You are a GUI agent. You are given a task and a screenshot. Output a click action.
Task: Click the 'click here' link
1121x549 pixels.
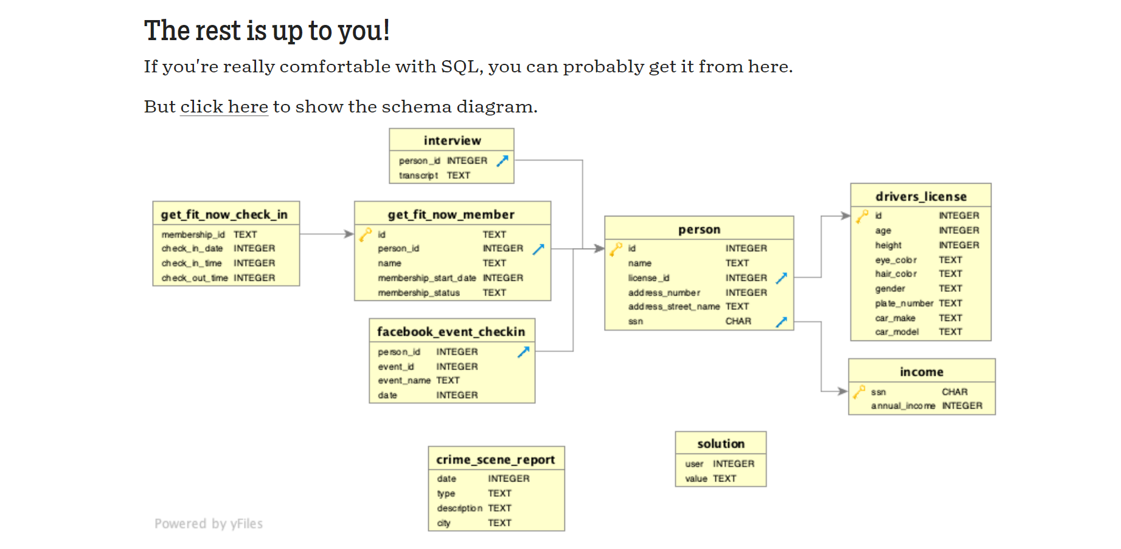[x=224, y=107]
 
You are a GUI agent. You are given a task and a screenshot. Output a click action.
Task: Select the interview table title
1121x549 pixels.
[x=452, y=140]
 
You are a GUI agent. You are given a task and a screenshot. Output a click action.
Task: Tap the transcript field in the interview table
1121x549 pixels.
[x=418, y=175]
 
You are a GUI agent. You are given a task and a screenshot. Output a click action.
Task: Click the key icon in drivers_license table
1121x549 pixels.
[x=862, y=216]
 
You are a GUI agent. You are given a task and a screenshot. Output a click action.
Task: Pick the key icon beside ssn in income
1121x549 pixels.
[x=858, y=392]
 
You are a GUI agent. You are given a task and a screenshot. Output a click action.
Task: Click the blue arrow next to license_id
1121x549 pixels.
[x=782, y=278]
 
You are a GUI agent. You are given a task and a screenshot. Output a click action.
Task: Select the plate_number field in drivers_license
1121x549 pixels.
[x=904, y=303]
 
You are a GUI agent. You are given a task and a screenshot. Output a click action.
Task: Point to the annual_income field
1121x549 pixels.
[x=903, y=406]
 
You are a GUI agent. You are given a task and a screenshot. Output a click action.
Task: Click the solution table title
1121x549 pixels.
[x=721, y=444]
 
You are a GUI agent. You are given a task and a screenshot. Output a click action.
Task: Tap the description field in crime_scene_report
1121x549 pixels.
[x=459, y=508]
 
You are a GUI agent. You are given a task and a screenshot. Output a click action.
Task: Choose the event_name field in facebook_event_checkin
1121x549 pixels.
[x=404, y=381]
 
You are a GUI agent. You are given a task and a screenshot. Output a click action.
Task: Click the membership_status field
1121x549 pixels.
[x=418, y=292]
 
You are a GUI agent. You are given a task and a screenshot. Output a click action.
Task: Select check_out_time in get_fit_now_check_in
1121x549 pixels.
[x=195, y=278]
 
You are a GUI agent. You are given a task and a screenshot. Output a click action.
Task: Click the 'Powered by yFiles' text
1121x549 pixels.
[x=209, y=523]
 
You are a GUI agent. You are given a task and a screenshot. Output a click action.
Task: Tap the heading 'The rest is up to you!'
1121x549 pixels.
[x=266, y=30]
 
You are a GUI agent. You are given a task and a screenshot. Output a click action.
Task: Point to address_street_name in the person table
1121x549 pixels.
[x=673, y=306]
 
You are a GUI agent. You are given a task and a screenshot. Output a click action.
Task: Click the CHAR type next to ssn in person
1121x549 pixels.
[x=738, y=321]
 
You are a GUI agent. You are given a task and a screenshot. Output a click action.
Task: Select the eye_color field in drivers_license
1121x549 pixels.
[x=895, y=260]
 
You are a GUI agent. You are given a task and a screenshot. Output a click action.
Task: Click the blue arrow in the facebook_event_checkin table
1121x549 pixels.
[x=523, y=351]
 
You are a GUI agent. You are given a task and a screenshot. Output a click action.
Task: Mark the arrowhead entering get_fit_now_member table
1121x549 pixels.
[x=349, y=234]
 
